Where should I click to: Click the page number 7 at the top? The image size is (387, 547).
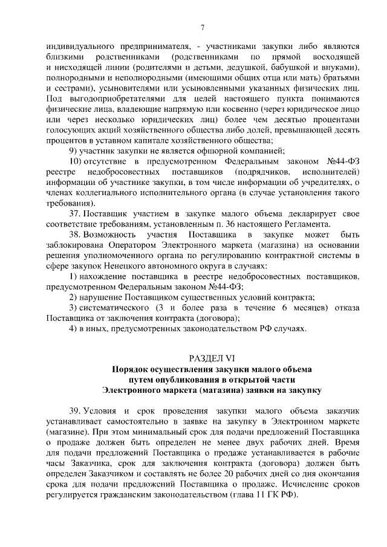(203, 26)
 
